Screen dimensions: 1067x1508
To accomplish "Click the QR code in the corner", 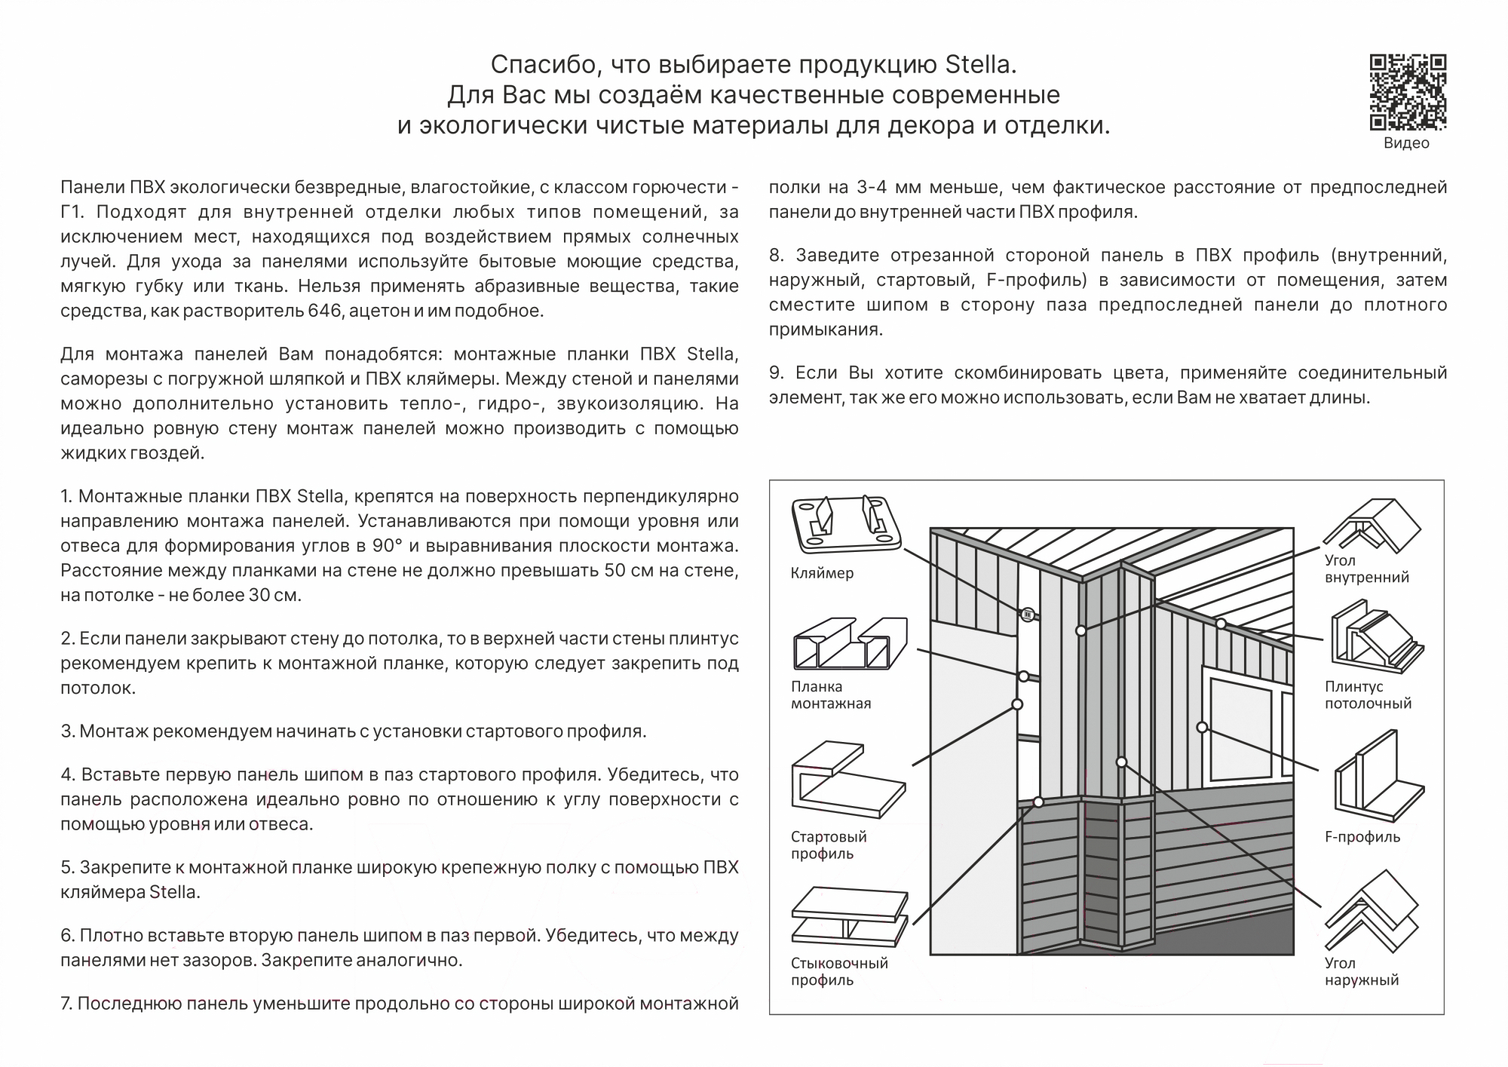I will (1407, 92).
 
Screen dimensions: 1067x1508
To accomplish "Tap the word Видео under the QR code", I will (1406, 143).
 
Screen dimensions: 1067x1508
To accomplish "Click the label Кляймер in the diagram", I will (822, 573).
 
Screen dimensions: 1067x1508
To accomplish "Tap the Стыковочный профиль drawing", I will (849, 917).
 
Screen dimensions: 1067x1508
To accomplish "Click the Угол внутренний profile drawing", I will (1372, 525).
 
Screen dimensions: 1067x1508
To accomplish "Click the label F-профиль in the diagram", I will (1362, 837).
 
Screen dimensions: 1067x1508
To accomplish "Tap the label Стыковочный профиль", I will (839, 972).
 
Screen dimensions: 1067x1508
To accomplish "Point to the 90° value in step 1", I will (388, 546).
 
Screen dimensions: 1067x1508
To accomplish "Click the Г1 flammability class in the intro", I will (71, 212).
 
